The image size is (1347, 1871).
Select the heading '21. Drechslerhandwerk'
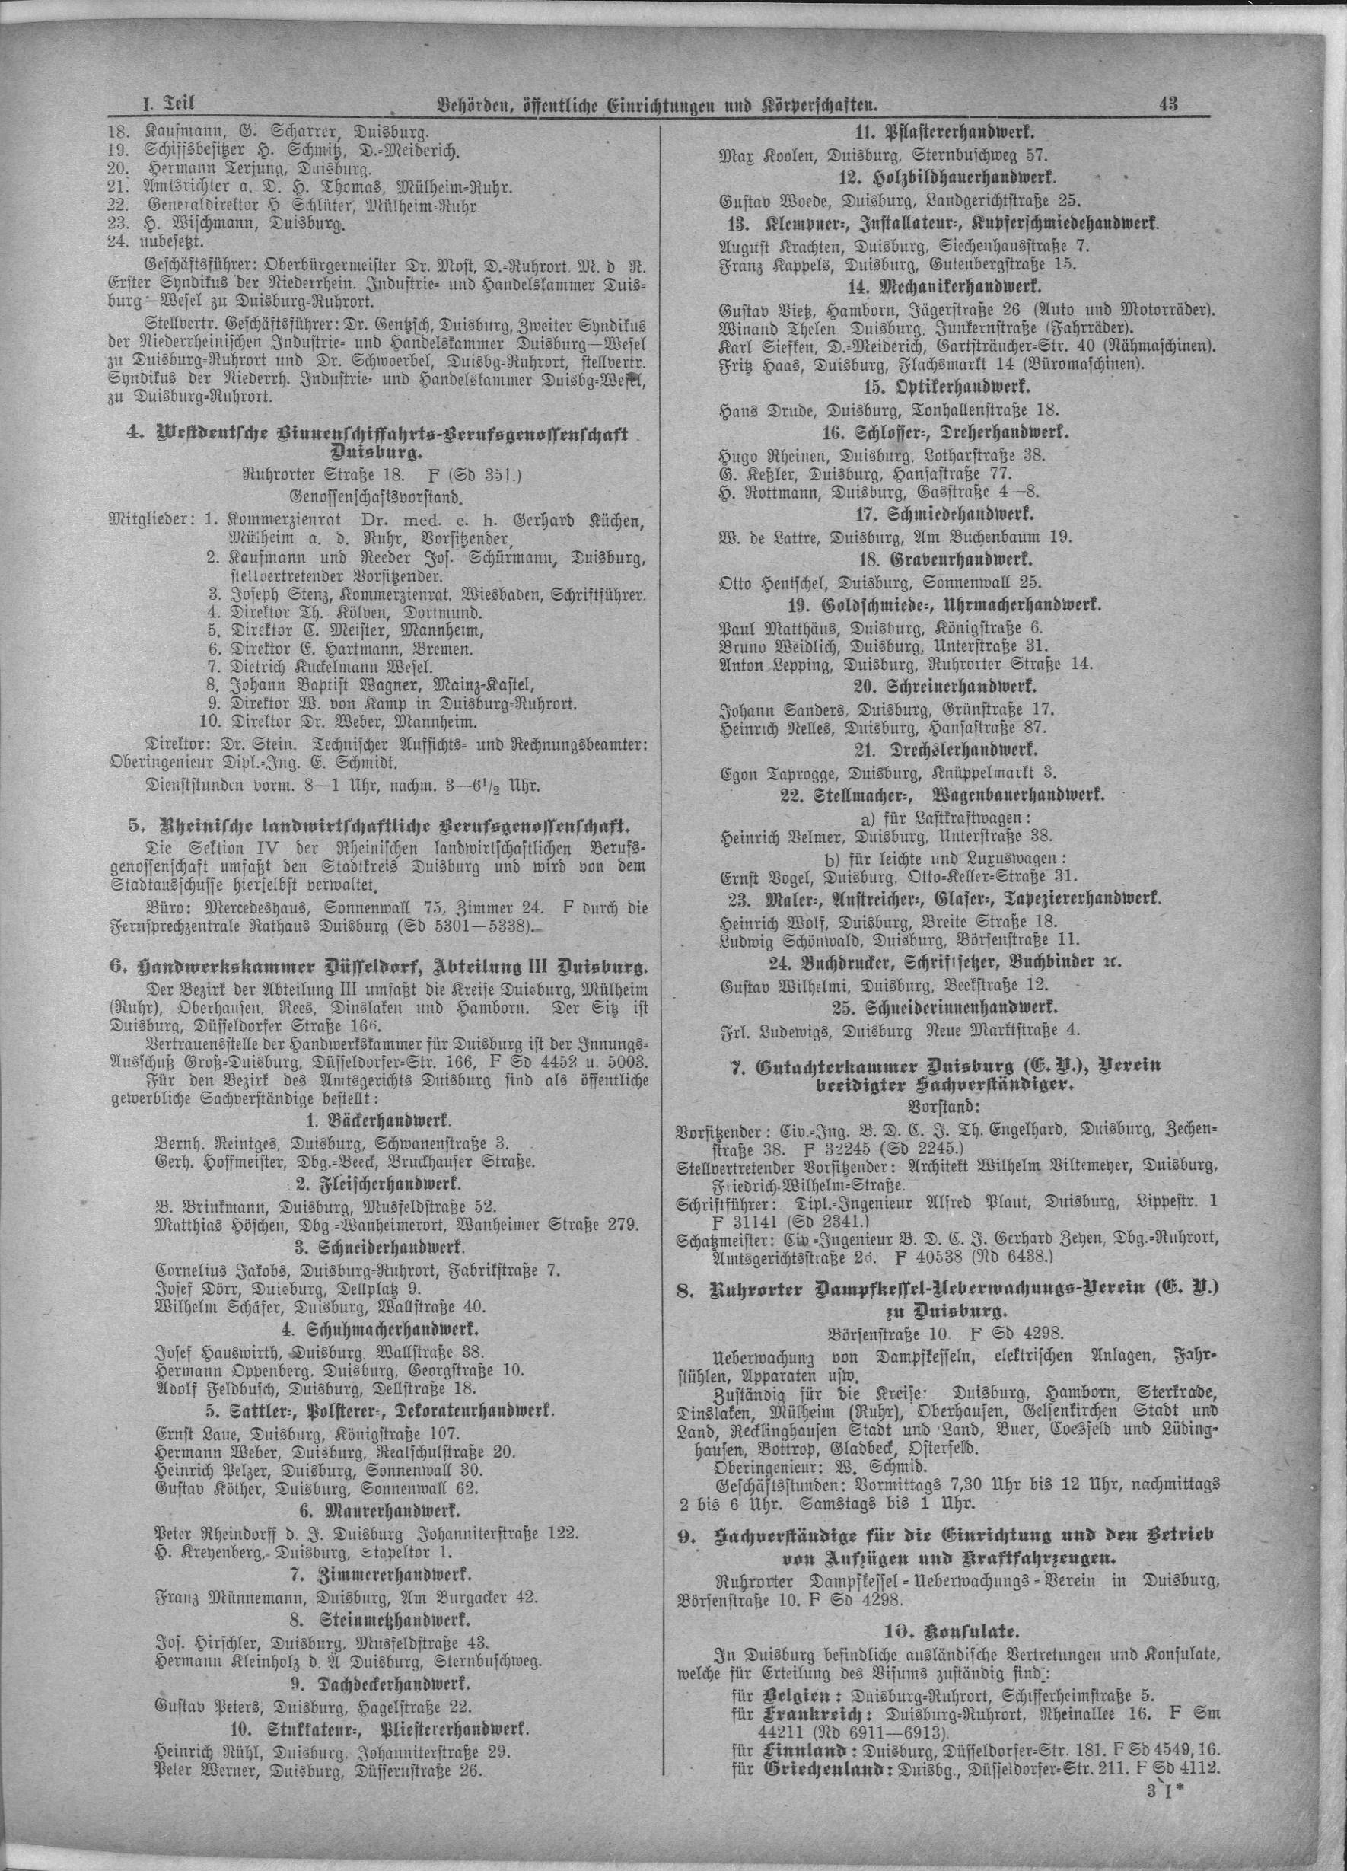pyautogui.click(x=947, y=751)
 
